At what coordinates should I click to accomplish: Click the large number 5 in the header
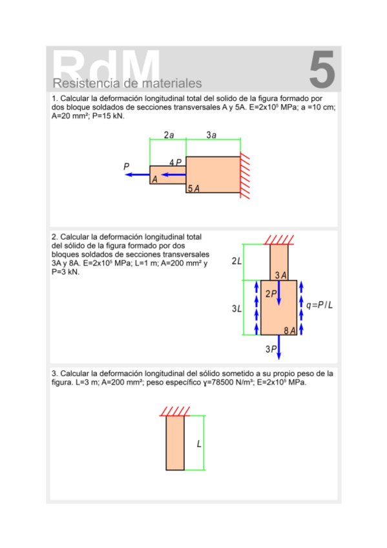coord(322,69)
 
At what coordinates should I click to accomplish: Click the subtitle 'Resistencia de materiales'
coord(127,83)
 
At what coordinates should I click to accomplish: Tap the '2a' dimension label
coord(169,135)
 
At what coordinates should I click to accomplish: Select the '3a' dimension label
coord(211,135)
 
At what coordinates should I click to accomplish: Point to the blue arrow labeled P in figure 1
coord(137,174)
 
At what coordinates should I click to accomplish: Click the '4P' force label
coord(175,162)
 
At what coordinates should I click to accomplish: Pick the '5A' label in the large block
coord(194,189)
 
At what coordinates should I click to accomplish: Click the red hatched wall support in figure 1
coord(245,175)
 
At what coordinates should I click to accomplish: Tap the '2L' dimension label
coord(236,260)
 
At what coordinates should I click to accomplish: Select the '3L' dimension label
coord(236,309)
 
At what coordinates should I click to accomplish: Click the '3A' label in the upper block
coord(280,275)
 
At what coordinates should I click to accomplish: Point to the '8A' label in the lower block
coord(289,331)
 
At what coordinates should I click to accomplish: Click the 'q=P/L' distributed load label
coord(319,305)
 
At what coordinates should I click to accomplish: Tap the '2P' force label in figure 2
coord(271,293)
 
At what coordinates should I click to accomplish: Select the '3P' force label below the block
coord(271,349)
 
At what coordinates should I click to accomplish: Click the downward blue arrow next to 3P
coord(278,347)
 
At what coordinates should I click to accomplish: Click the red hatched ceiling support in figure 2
coord(278,240)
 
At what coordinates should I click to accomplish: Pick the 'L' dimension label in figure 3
coord(199,444)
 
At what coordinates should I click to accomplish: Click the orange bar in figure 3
coord(175,443)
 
